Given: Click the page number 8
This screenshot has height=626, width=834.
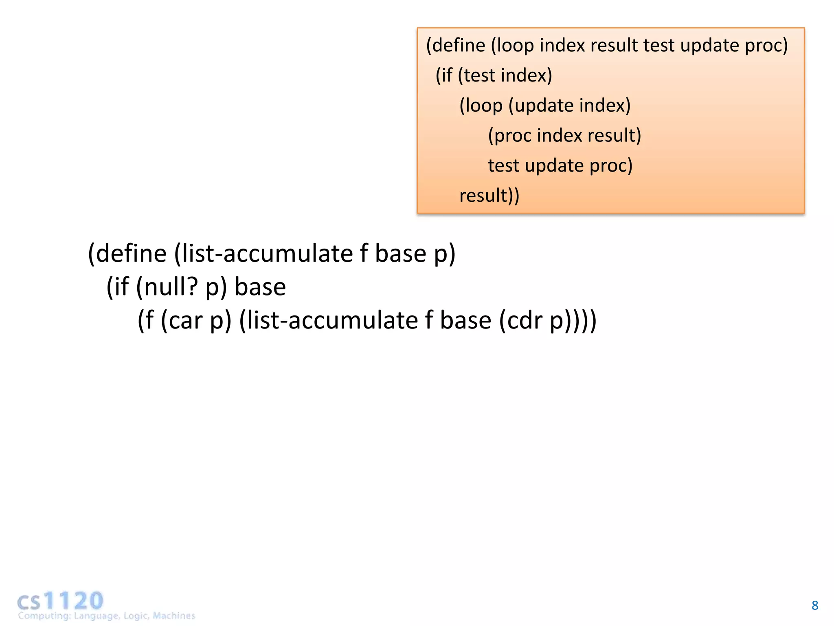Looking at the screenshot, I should pos(814,605).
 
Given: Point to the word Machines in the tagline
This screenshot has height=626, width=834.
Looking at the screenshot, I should pos(174,615).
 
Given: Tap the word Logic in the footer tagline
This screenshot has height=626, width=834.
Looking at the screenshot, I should pos(136,615).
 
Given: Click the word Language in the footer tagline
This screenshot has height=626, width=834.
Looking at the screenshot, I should pos(96,615).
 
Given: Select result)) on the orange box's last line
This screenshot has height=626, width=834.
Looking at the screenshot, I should pos(489,195).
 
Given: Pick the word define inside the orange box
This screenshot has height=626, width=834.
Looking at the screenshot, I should pos(459,45).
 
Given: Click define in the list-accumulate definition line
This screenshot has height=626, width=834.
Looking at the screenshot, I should pos(131,253).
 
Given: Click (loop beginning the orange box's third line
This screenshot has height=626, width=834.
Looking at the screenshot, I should pos(481,106).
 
